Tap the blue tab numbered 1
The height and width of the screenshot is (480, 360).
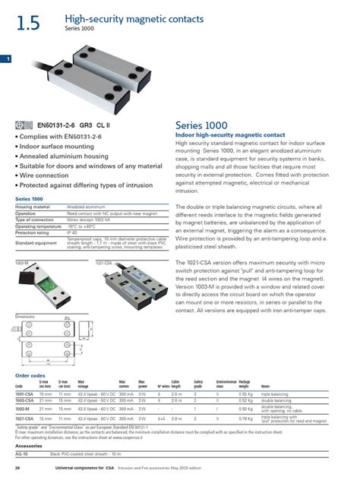point(7,58)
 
